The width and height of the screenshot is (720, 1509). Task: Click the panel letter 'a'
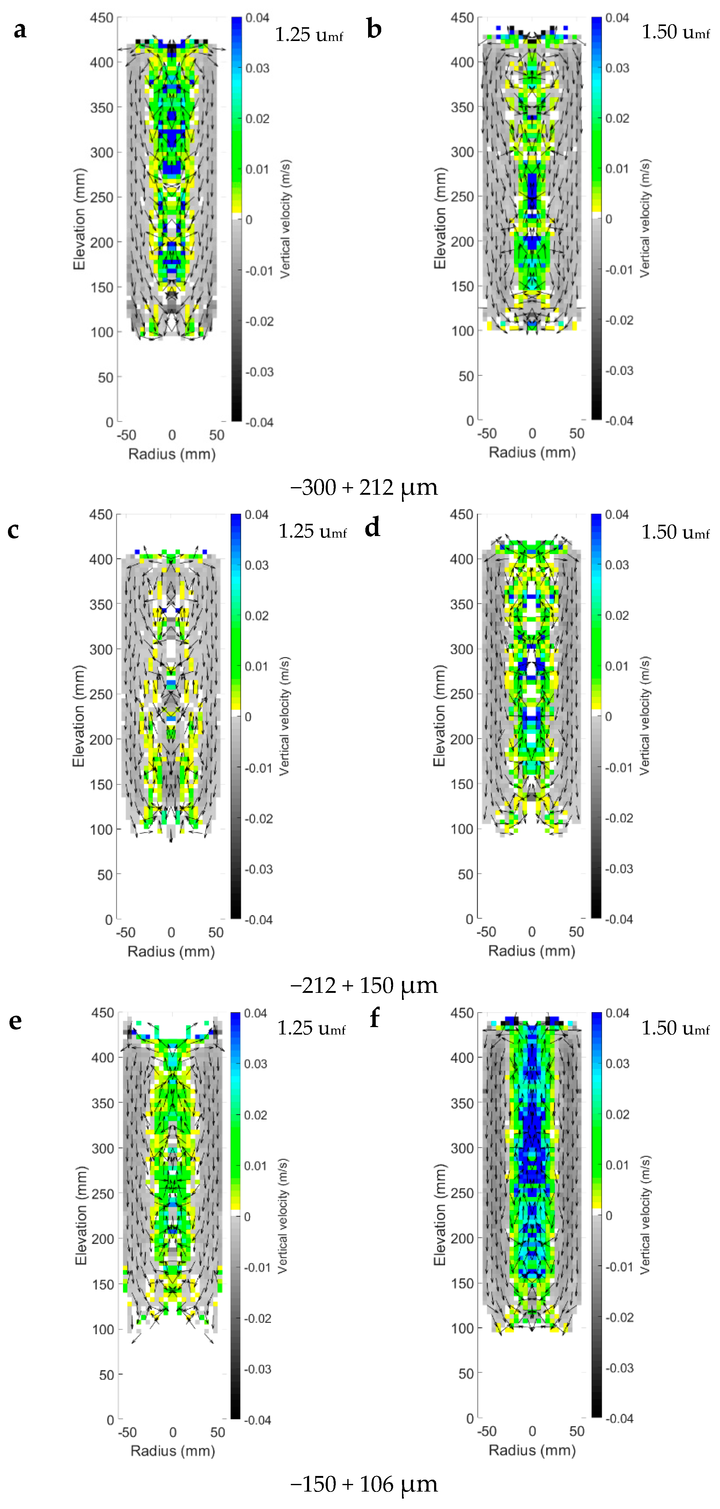[x=20, y=29]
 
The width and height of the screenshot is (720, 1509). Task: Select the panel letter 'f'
[x=375, y=1018]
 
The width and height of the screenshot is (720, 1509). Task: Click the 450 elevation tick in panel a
[x=101, y=18]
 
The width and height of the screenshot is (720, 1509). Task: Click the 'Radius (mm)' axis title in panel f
[x=532, y=1450]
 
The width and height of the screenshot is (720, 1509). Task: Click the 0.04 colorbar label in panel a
[x=258, y=18]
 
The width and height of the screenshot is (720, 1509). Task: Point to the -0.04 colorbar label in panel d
[x=619, y=919]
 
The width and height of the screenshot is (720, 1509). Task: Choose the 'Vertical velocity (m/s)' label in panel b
[x=645, y=218]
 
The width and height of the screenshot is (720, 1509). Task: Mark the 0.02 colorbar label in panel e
[x=256, y=1115]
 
